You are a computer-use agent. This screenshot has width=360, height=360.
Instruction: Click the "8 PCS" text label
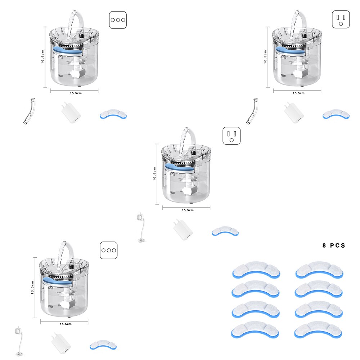334,246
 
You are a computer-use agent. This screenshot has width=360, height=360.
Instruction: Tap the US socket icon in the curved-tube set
341,19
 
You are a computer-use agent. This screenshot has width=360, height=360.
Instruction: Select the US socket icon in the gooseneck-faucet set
231,136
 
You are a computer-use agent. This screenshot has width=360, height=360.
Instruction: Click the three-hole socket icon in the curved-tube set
118,20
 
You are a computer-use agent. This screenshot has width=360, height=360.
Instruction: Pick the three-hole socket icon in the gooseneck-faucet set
108,250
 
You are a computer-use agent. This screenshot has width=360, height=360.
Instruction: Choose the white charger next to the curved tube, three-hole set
71,113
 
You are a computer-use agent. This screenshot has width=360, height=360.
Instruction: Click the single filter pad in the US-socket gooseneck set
225,231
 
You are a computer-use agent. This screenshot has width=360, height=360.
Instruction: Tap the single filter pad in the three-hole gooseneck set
103,345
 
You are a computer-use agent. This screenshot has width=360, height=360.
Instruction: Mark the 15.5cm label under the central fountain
188,210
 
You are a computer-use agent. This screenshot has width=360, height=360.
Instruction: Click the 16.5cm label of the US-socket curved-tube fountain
265,57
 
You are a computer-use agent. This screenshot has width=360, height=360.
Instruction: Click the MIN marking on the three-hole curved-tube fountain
61,76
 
